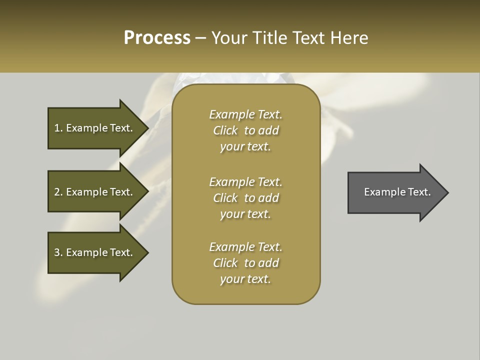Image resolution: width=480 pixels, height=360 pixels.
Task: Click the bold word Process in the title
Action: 157,37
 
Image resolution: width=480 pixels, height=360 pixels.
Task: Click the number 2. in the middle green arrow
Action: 58,192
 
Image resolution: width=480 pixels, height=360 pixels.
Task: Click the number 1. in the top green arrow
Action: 58,128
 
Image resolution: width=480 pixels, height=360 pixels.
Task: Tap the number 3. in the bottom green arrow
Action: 58,252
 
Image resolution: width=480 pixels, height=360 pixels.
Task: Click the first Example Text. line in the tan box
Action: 245,114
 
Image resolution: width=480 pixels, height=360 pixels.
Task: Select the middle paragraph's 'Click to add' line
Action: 245,198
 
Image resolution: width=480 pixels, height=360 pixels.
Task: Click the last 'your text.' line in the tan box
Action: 245,279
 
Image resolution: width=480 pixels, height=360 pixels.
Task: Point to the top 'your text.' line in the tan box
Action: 245,146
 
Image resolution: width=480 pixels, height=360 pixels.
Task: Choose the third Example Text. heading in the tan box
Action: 245,247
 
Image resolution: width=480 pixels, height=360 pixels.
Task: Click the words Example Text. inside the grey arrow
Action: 397,192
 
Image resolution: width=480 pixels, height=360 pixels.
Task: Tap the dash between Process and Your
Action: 201,38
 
